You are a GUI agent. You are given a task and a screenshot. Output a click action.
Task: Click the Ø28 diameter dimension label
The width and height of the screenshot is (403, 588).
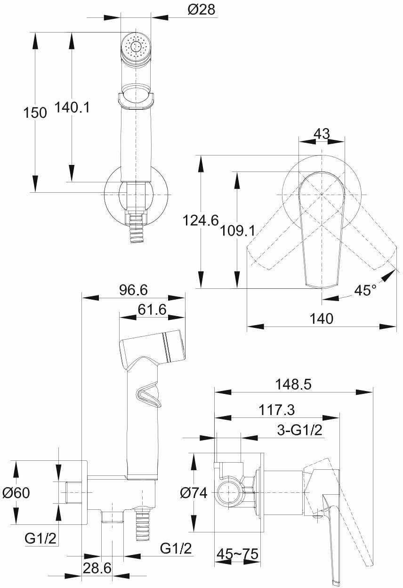coord(201,10)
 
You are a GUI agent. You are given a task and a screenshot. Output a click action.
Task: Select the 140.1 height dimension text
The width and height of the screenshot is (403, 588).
coord(72,107)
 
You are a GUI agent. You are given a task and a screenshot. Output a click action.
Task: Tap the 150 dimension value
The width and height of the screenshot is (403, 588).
coord(35,113)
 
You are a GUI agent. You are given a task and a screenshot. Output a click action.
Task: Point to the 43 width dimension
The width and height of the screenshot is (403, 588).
coord(322,134)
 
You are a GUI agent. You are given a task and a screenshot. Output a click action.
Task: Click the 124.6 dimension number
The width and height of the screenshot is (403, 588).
coord(201,220)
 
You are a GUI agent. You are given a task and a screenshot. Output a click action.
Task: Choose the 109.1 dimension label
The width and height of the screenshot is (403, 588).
coord(237,231)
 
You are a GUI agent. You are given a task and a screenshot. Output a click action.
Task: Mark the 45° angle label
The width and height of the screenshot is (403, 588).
coord(365,290)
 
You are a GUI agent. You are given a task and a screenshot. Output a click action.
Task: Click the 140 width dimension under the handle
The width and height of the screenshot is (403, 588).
coord(322,318)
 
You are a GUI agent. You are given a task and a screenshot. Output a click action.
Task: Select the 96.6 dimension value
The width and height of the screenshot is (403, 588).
coord(134,290)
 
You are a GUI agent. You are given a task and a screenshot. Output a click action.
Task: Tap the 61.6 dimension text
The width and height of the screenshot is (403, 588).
coord(152,310)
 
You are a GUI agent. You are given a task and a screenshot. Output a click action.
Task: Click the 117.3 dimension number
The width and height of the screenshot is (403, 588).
coord(276,410)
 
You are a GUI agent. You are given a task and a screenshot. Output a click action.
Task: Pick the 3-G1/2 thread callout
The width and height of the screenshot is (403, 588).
coord(299,431)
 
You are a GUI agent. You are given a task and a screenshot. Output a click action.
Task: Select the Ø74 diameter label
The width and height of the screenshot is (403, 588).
coord(193,493)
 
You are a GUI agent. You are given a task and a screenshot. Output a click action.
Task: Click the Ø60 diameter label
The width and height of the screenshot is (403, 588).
coord(16,493)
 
